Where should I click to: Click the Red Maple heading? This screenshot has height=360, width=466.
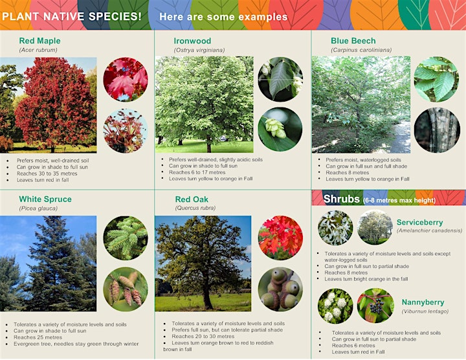pyautogui.click(x=39, y=41)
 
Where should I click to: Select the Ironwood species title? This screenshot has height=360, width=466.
pyautogui.click(x=192, y=41)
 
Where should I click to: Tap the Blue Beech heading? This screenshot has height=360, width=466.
pyautogui.click(x=353, y=41)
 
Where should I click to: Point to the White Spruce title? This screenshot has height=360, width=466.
pyautogui.click(x=45, y=199)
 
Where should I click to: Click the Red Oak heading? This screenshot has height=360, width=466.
pyautogui.click(x=192, y=199)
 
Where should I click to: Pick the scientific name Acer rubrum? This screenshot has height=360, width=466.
pyautogui.click(x=38, y=50)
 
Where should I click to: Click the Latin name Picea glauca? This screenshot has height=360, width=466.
pyautogui.click(x=38, y=208)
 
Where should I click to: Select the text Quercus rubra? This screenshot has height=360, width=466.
pyautogui.click(x=195, y=208)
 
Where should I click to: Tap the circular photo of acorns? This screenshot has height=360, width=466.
pyautogui.click(x=280, y=289)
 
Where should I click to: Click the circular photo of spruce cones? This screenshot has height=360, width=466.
pyautogui.click(x=126, y=289)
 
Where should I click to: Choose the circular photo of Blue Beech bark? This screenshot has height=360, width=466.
pyautogui.click(x=437, y=130)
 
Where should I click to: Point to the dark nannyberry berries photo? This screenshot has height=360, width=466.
pyautogui.click(x=375, y=306)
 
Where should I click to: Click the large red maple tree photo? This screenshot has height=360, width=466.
pyautogui.click(x=48, y=105)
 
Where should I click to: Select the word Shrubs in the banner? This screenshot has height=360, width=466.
pyautogui.click(x=342, y=199)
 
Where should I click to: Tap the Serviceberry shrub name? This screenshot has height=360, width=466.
pyautogui.click(x=419, y=222)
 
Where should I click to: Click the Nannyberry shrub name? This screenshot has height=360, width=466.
pyautogui.click(x=423, y=302)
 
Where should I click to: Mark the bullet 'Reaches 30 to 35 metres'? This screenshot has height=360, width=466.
pyautogui.click(x=47, y=174)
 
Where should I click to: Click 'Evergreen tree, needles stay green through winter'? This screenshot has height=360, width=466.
pyautogui.click(x=76, y=344)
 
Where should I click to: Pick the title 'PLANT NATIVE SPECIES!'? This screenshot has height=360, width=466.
pyautogui.click(x=72, y=16)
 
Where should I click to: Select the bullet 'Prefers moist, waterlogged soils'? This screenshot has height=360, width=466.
pyautogui.click(x=363, y=160)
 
